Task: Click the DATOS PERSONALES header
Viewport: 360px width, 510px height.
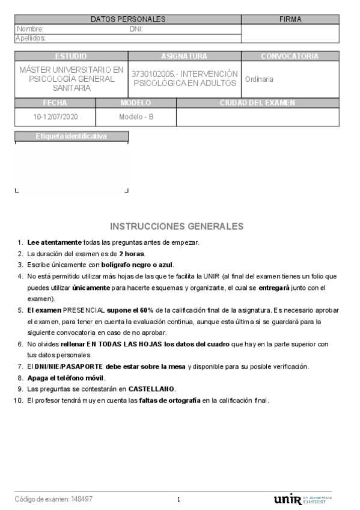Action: (x=128, y=19)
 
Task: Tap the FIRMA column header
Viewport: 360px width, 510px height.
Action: (x=290, y=19)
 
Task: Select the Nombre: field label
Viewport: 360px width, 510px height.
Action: (x=30, y=29)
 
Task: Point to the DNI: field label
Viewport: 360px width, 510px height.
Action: (x=136, y=29)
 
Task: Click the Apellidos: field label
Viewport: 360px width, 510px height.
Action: (x=31, y=38)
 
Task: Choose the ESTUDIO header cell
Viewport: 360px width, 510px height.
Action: (x=71, y=56)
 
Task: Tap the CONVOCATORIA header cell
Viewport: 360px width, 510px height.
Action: (x=290, y=56)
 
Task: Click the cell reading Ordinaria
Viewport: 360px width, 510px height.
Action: (x=259, y=79)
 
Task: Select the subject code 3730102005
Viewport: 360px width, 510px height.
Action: (x=150, y=74)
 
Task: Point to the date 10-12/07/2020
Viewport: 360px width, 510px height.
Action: (x=55, y=117)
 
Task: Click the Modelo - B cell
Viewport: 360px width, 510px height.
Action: (x=136, y=117)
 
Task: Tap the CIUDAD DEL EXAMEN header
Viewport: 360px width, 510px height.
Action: (x=257, y=103)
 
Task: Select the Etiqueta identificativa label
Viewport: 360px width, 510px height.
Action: (x=71, y=136)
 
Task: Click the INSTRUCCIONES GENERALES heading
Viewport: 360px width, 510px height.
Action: (x=177, y=227)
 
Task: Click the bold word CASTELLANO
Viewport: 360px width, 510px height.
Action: (x=151, y=389)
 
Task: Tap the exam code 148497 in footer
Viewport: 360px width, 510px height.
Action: (x=82, y=499)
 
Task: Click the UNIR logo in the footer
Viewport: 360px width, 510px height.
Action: (x=288, y=499)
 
